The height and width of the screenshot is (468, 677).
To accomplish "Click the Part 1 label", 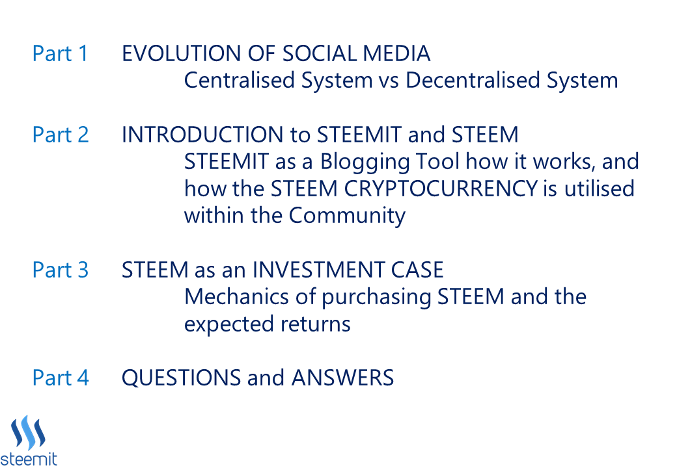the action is tap(61, 54).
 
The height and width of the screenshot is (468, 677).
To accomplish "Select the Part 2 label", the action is tap(61, 135).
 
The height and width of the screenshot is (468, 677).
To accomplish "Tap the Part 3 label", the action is tap(61, 270).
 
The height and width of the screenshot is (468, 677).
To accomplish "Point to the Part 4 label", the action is tap(61, 378).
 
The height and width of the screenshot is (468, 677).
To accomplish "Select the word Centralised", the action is tap(240, 81).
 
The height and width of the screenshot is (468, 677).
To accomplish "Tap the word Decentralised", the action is tap(473, 81).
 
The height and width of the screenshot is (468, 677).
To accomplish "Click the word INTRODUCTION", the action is tap(202, 135).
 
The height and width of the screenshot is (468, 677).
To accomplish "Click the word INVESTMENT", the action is tap(318, 270).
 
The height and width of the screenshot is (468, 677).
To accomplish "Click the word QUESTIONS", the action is tap(182, 378).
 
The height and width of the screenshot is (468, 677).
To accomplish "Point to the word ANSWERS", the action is tap(343, 378).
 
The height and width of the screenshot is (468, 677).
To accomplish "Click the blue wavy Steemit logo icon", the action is tap(28, 433).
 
